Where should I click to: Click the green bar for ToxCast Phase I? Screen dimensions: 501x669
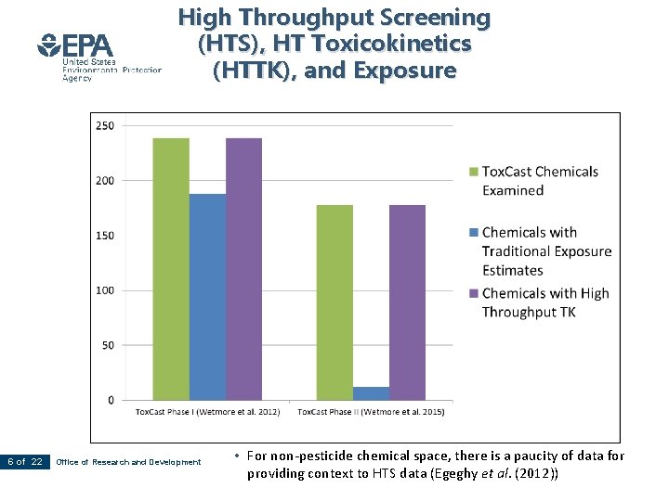point(171,269)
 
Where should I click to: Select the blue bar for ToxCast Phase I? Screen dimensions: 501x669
point(207,297)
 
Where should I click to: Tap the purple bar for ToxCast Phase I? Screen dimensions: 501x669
point(243,269)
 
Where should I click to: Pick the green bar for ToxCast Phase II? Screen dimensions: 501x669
point(334,302)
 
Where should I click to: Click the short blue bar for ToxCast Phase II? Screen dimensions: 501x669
point(371,393)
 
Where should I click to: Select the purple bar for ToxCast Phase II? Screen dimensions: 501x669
point(407,302)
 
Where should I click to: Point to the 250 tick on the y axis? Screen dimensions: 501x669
point(105,125)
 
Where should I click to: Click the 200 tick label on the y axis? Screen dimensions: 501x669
point(105,181)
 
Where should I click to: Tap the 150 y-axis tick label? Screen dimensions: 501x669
point(105,236)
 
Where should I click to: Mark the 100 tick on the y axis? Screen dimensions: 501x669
point(105,290)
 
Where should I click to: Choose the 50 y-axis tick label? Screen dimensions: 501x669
point(108,345)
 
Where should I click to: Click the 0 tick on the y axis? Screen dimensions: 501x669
point(111,400)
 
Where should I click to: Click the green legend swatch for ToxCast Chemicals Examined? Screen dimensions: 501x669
point(474,172)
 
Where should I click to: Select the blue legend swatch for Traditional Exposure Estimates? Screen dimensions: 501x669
point(474,233)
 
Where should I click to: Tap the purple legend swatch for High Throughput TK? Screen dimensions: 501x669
point(474,293)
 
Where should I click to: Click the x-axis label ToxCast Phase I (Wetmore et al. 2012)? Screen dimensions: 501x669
point(207,412)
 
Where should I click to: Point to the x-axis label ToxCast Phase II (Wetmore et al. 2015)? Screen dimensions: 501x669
point(371,412)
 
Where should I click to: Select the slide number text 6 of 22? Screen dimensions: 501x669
point(25,462)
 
